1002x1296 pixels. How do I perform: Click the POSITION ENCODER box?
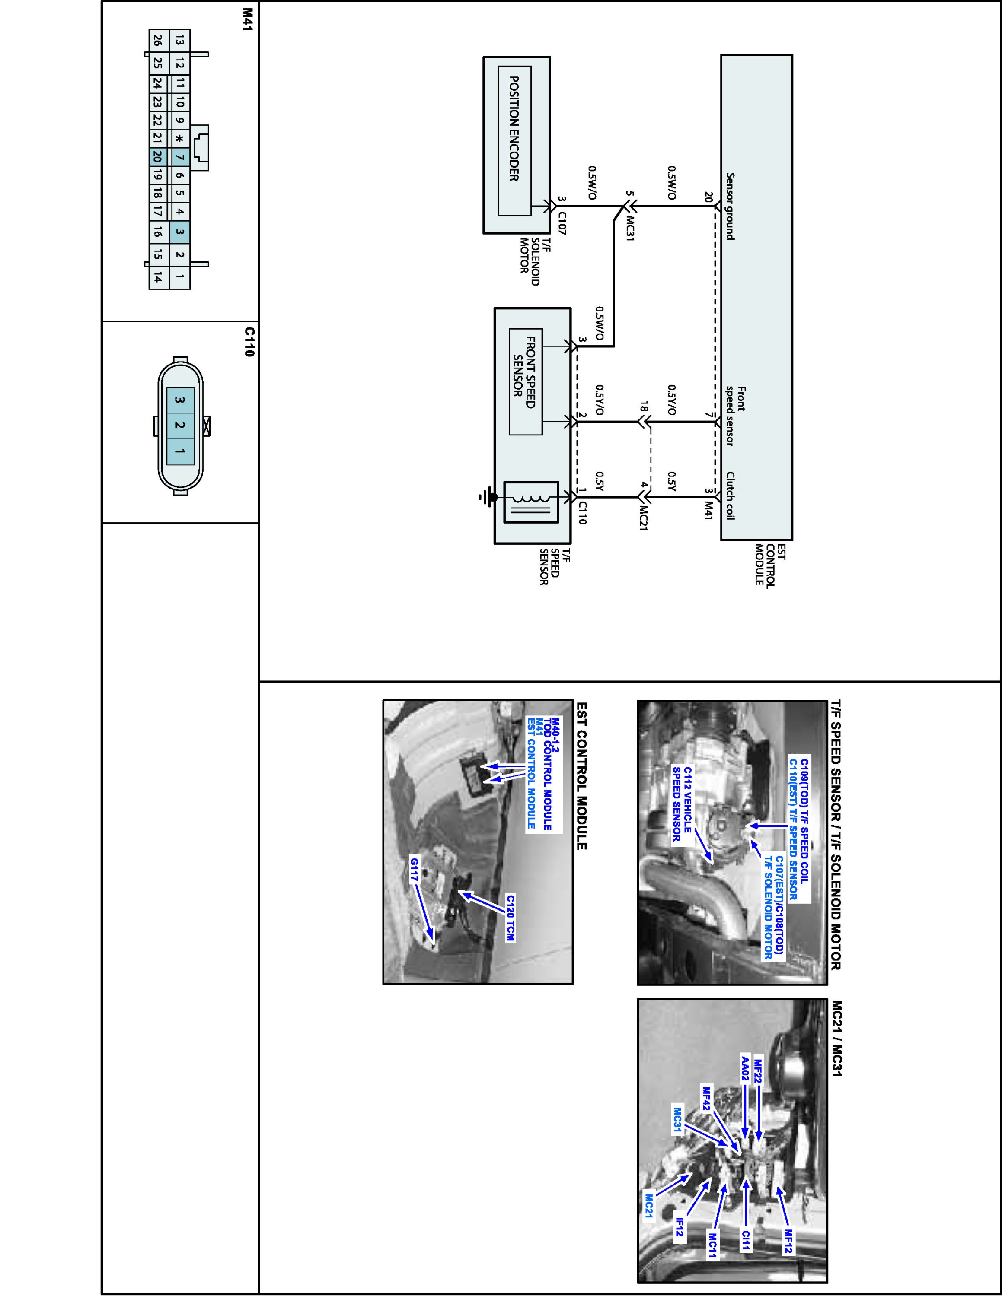coord(514,141)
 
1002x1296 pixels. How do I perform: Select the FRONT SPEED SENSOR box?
coord(525,381)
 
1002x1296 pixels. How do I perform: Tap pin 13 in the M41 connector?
coord(179,40)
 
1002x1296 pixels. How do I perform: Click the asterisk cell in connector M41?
coord(179,139)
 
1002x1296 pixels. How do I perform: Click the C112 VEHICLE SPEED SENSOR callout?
coord(681,804)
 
